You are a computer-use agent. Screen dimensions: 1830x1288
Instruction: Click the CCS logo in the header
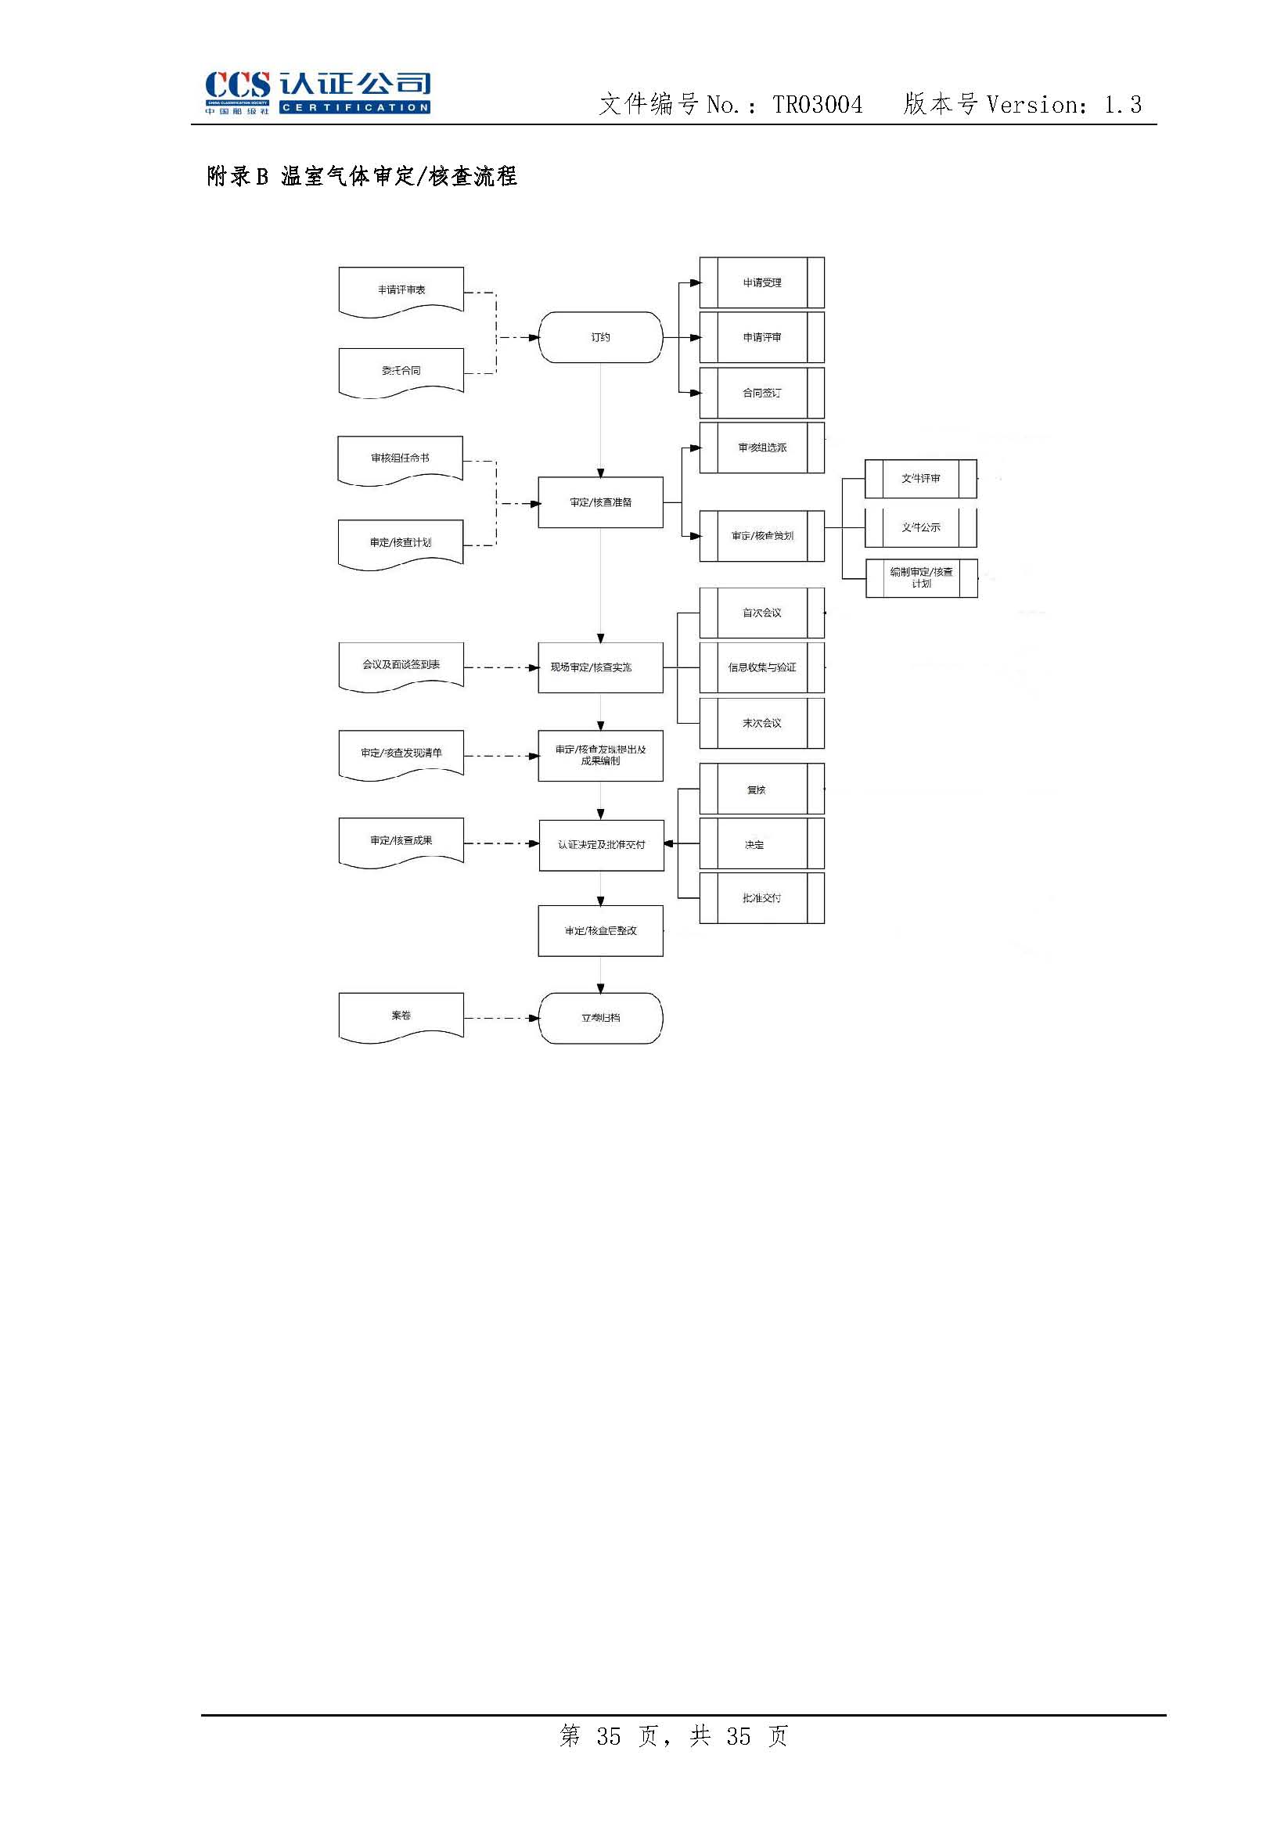pos(317,92)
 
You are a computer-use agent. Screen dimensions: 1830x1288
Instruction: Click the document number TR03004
pos(817,104)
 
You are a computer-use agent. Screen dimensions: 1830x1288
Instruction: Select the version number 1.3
pos(1122,104)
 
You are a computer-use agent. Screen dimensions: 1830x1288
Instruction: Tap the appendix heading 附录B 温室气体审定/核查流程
pos(362,176)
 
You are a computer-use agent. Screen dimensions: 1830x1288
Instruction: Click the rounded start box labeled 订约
pos(600,337)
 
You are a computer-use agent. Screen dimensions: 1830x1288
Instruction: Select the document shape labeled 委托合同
pos(401,371)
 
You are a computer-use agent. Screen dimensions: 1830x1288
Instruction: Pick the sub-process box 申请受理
pos(762,283)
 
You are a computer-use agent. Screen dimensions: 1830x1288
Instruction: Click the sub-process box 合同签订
pos(762,393)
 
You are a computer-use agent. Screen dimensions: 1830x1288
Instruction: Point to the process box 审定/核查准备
pos(600,502)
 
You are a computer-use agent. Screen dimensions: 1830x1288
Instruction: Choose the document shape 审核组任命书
pos(400,458)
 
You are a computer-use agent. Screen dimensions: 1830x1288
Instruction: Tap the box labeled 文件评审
pos(920,479)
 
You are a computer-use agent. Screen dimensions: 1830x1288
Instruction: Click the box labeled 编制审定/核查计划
pos(921,577)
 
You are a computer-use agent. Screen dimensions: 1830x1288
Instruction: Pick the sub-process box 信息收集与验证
pos(762,667)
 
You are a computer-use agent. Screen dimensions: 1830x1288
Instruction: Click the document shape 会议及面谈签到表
pos(401,665)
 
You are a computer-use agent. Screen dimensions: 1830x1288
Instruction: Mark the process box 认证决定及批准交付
pos(601,844)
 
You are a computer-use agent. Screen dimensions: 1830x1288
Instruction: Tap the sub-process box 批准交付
pos(762,898)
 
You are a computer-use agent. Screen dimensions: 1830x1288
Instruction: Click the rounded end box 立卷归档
pos(600,1018)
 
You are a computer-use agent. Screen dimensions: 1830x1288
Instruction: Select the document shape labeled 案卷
pos(401,1016)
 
